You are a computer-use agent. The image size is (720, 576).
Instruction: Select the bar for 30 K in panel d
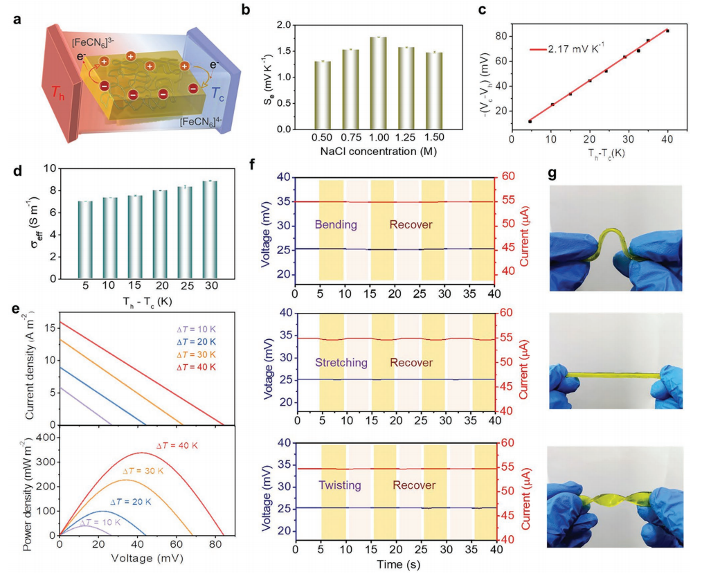click(210, 229)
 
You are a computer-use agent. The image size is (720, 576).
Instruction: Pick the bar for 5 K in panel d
click(85, 240)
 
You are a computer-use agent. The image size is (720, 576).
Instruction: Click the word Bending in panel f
click(336, 225)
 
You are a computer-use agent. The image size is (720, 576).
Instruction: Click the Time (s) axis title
click(395, 564)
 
